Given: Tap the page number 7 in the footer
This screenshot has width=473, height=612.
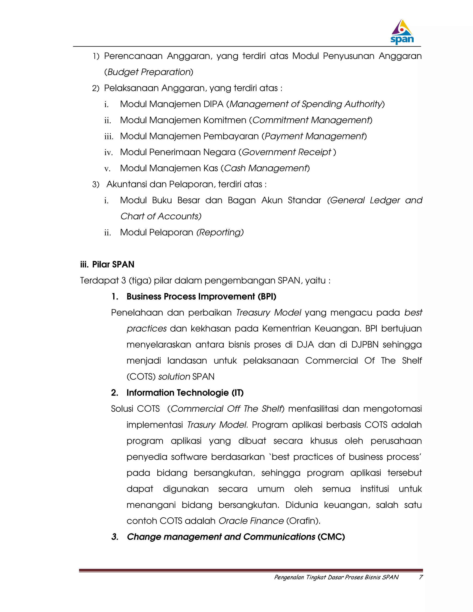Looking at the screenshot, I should click(x=421, y=577).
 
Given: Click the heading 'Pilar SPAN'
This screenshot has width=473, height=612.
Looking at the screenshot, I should click(x=113, y=264).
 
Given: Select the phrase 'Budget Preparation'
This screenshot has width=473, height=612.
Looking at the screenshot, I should click(x=149, y=72).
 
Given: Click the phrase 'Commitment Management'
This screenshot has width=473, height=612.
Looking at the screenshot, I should click(x=311, y=120).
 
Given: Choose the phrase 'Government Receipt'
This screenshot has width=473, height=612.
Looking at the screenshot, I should click(x=287, y=152).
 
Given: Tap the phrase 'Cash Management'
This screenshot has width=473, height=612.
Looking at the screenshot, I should click(x=266, y=168).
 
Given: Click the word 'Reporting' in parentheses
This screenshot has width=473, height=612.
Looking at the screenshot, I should click(x=220, y=232).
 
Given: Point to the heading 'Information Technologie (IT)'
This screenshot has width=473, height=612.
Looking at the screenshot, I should click(x=185, y=393).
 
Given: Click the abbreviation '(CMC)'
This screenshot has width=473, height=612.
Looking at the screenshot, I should click(x=331, y=537).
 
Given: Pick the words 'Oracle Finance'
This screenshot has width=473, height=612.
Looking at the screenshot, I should click(x=251, y=521).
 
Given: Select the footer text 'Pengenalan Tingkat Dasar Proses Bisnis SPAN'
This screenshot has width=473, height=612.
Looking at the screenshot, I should click(x=336, y=577).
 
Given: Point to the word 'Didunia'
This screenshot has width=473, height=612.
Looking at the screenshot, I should click(x=301, y=505).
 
